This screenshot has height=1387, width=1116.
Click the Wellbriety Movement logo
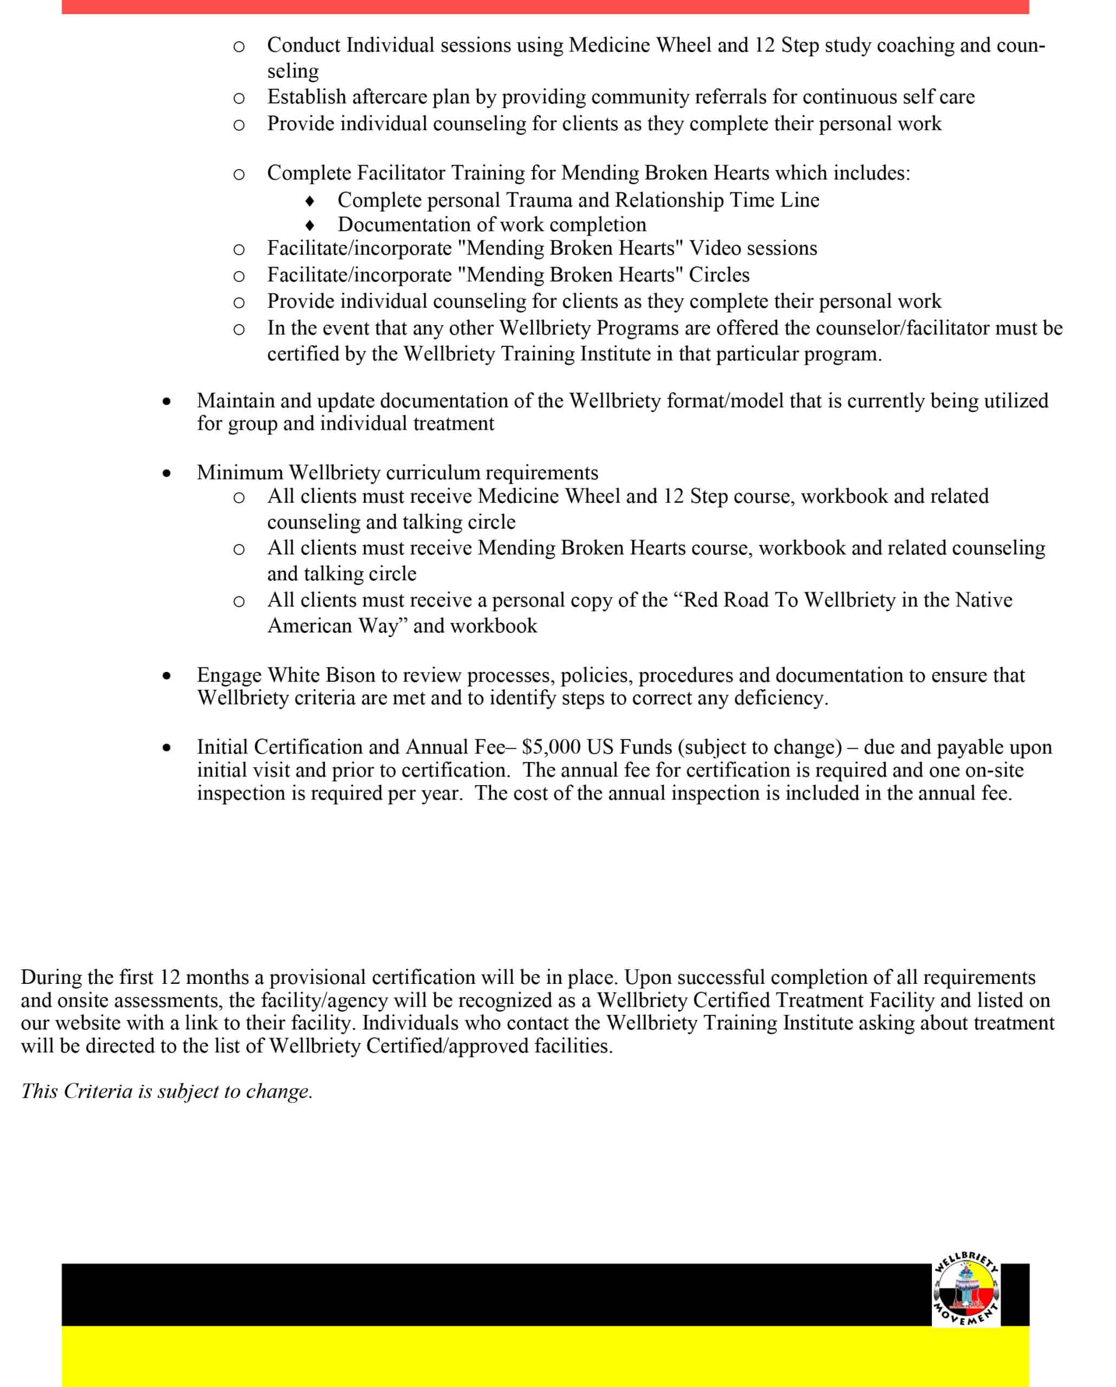(965, 1297)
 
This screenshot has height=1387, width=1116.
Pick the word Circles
(719, 275)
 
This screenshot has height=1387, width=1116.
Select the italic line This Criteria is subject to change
(167, 1092)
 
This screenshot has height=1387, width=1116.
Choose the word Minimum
(240, 473)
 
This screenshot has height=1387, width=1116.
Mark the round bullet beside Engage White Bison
(167, 676)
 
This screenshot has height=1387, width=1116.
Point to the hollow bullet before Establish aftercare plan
(238, 99)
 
